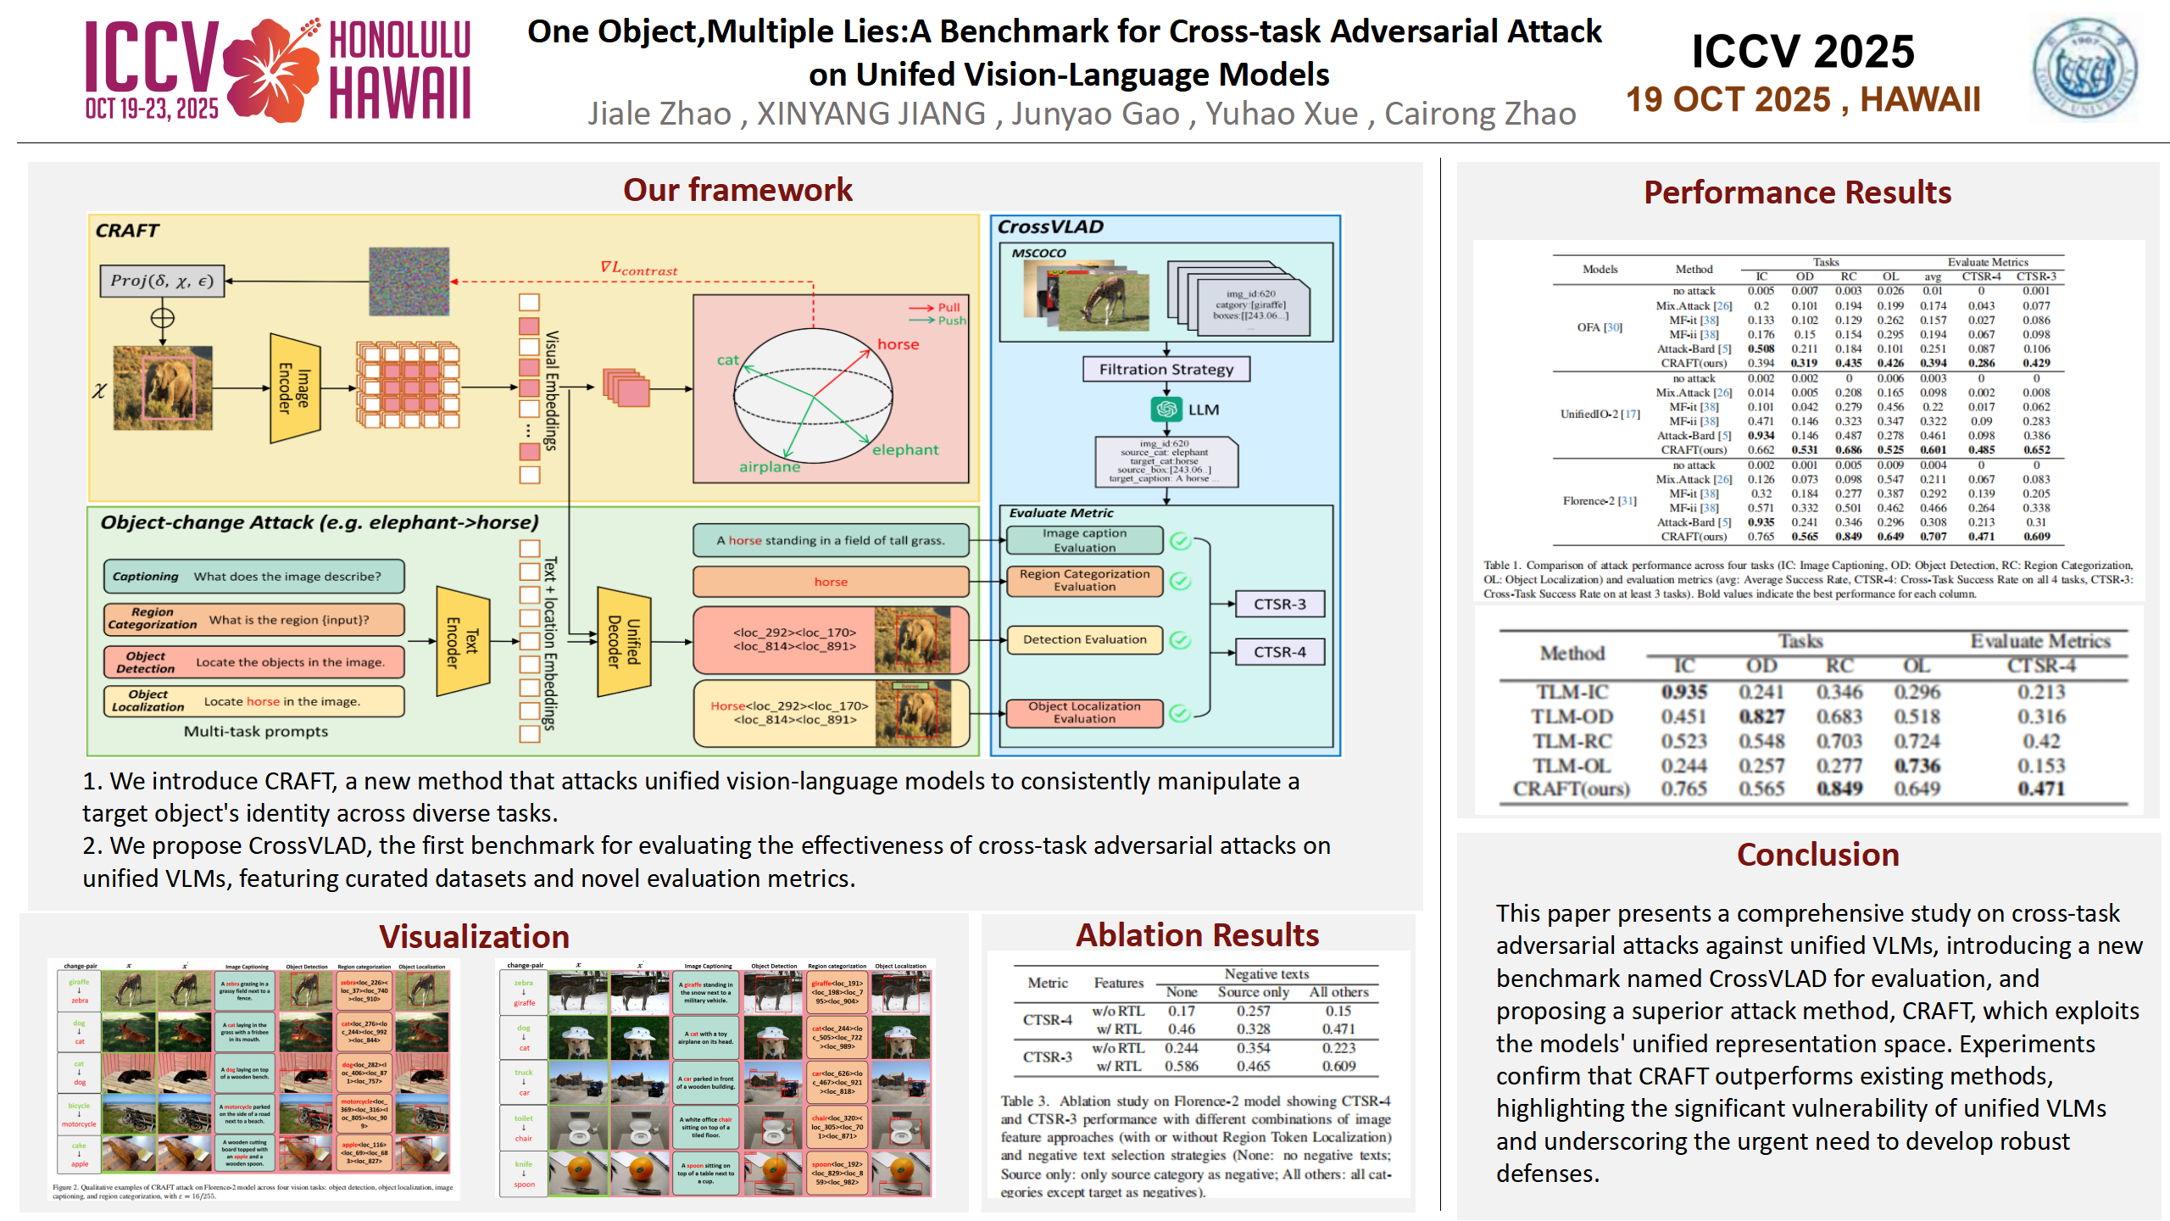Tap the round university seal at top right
point(2084,70)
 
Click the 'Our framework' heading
point(737,190)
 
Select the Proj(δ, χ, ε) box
point(162,281)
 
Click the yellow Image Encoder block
point(295,388)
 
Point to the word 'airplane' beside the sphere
point(770,467)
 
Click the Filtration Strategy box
point(1166,369)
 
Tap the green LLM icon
point(1166,410)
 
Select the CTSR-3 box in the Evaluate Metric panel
point(1279,604)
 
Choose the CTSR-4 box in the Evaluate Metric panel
point(1279,652)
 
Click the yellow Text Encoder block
point(463,641)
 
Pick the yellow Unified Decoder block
point(624,641)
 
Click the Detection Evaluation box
point(1084,639)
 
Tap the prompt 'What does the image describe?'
point(287,577)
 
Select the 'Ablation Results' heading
point(1197,935)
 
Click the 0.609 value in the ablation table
point(1338,1066)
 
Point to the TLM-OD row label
point(1572,716)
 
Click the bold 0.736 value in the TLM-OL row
point(1917,766)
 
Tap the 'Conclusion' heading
point(1817,855)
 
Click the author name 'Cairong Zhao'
point(1479,114)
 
